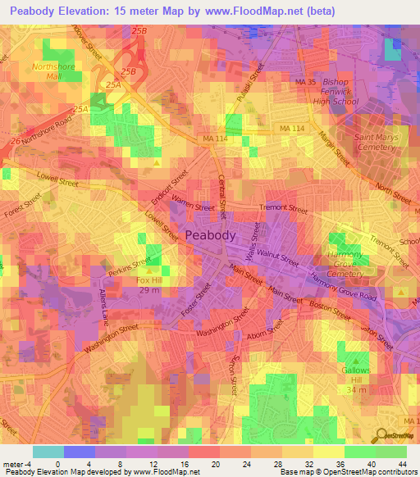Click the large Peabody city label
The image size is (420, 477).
(211, 234)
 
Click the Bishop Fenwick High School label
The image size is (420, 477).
(336, 92)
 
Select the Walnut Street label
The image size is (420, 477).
(278, 258)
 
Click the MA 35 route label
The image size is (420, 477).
(305, 83)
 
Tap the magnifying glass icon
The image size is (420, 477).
(381, 436)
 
